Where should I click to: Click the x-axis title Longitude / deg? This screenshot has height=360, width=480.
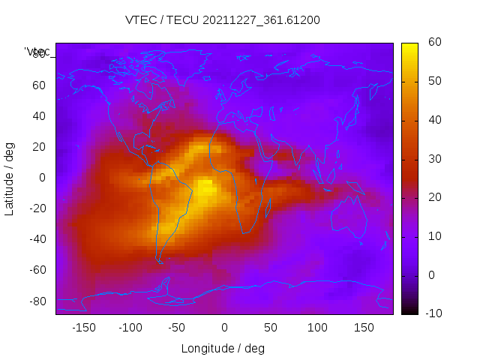coord(223,349)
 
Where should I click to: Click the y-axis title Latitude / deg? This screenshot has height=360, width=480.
coord(10,178)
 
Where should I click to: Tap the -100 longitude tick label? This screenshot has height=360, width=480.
coord(130,328)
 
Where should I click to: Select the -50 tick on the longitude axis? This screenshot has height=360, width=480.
coord(177,328)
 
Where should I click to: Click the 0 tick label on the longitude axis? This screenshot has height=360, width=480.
coord(224,328)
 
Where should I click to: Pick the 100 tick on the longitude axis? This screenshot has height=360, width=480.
coord(317,328)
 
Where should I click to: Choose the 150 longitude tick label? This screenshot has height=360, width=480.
coord(364,328)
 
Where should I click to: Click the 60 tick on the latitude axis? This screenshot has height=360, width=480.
coord(39,85)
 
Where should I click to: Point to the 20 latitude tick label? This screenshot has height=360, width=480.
coord(39,147)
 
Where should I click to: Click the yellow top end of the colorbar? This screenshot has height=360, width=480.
coord(409,46)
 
